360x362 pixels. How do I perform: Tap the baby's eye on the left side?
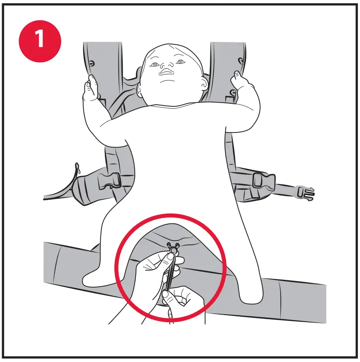click(x=155, y=64)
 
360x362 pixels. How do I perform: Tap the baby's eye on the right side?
click(x=180, y=62)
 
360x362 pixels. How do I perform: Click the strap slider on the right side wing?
click(x=258, y=180)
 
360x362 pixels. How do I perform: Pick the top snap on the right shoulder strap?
click(x=240, y=61)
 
